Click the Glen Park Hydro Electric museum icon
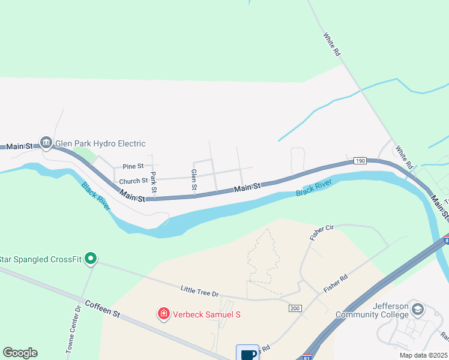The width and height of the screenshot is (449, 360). (x=46, y=143)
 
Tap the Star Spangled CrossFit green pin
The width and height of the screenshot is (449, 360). (x=91, y=259)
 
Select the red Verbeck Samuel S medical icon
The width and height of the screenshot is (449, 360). (x=163, y=313)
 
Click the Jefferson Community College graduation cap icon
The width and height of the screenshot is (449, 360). (x=418, y=310)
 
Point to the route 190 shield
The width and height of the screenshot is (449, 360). (x=360, y=161)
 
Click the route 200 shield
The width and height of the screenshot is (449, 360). (x=294, y=308)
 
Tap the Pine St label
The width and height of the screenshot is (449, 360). (x=133, y=166)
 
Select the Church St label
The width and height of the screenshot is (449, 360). (x=133, y=181)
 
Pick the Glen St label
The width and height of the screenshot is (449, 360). (x=194, y=180)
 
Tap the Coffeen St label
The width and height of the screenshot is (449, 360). (x=103, y=309)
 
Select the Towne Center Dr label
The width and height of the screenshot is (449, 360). (x=73, y=329)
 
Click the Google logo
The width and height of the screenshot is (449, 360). (x=20, y=353)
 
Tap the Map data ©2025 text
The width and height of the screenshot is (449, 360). (x=423, y=355)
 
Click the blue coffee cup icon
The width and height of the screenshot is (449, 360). (x=247, y=353)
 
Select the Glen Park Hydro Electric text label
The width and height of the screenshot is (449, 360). (x=100, y=143)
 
